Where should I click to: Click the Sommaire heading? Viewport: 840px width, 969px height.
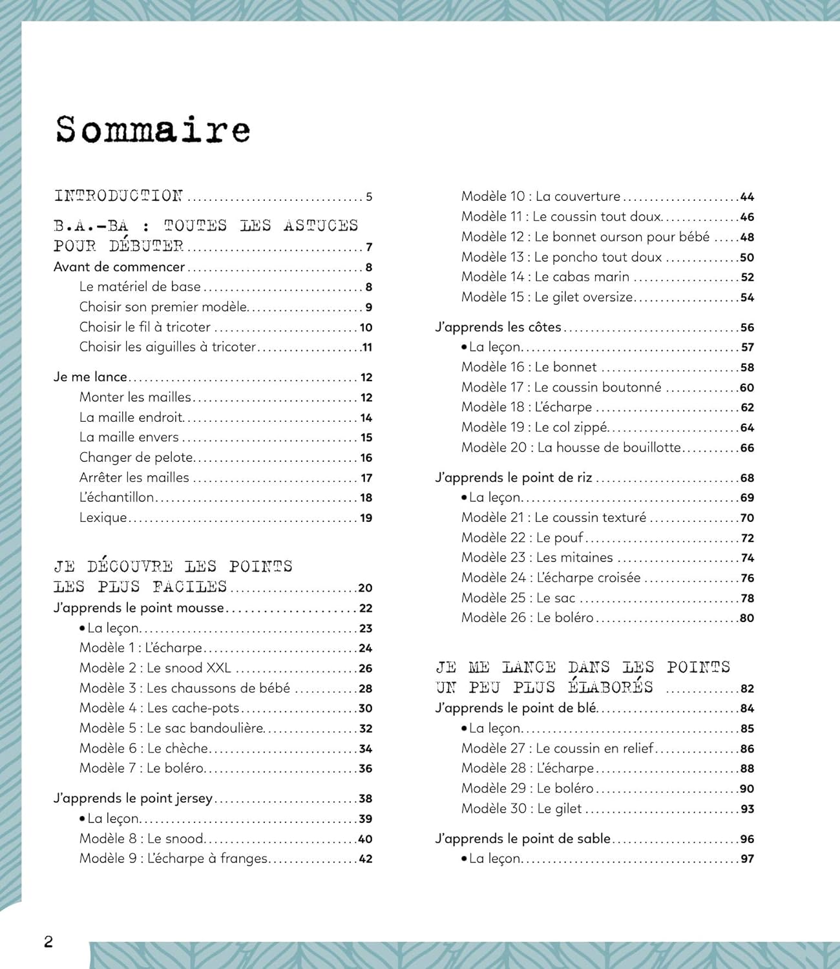(x=152, y=129)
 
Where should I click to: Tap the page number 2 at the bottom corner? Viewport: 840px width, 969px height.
(x=48, y=941)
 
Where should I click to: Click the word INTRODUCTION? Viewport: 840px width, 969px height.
(x=118, y=196)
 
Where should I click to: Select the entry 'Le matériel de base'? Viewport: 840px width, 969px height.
(x=140, y=287)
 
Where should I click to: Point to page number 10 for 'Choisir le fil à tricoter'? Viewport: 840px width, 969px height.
(x=366, y=328)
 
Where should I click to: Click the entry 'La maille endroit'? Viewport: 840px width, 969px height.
(x=131, y=417)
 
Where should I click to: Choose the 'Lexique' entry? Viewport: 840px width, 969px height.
(x=103, y=517)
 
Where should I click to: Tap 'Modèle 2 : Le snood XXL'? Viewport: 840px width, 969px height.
(x=155, y=668)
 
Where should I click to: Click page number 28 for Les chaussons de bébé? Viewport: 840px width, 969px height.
(x=365, y=689)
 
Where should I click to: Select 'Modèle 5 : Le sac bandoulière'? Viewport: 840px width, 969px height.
(x=171, y=728)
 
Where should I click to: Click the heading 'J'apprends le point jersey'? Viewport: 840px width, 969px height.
(x=133, y=798)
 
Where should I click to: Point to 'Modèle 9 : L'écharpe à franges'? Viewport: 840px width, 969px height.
(x=173, y=859)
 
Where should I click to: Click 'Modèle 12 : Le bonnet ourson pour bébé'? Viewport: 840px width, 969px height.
(x=585, y=237)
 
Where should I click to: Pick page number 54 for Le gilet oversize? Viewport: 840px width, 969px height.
(x=747, y=298)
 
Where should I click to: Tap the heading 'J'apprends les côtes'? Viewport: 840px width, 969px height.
(x=498, y=328)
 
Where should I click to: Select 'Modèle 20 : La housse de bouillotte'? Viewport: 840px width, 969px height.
(x=571, y=448)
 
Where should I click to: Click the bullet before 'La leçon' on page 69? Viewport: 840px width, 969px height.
(x=464, y=497)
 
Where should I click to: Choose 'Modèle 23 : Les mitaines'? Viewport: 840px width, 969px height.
(x=537, y=557)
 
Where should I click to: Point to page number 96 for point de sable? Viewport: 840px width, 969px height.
(x=747, y=839)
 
